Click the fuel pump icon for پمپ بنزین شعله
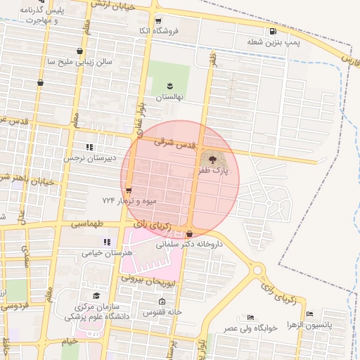click(x=273, y=31)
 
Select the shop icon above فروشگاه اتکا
click(x=157, y=21)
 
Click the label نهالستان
click(x=169, y=97)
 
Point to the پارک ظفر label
click(x=213, y=170)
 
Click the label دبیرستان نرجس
click(x=89, y=158)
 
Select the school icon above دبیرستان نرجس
click(x=89, y=147)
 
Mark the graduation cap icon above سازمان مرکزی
click(x=96, y=296)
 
